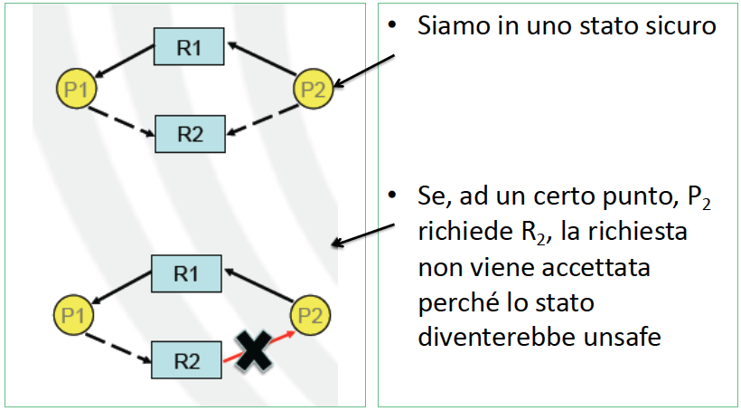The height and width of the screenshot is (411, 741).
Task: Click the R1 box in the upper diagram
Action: tap(189, 46)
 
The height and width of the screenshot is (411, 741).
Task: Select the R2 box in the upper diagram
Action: tap(189, 134)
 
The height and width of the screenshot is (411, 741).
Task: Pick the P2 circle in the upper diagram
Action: tap(314, 89)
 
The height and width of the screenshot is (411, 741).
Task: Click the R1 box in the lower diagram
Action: tap(186, 273)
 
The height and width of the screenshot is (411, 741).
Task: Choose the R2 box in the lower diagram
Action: tap(186, 361)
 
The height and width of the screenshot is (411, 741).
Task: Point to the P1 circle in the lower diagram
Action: tap(70, 316)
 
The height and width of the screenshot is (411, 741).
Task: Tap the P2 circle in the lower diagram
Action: tap(310, 316)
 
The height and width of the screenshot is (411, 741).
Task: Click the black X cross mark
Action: tap(257, 349)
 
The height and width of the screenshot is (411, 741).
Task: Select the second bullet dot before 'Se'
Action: tap(392, 196)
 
